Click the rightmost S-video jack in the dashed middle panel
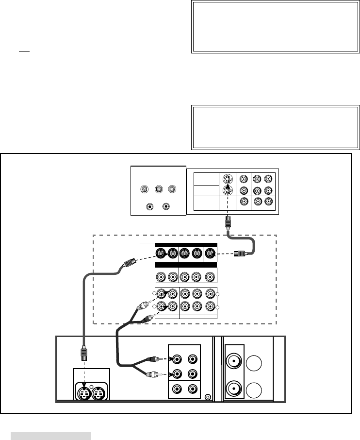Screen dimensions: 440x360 point(210,253)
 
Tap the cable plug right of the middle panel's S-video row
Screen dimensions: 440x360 point(240,253)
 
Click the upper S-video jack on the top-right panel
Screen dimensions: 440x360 point(226,179)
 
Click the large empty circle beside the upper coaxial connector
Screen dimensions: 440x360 point(256,363)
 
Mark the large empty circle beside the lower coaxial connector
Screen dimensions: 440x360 point(256,389)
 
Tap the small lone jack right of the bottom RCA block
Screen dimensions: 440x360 point(208,397)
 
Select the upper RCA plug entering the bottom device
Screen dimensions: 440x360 point(153,360)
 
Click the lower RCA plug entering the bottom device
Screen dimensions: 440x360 point(153,374)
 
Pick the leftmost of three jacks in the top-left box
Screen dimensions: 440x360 point(144,189)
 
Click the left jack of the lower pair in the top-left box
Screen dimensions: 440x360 point(150,206)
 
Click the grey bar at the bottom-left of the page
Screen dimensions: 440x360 point(51,436)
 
